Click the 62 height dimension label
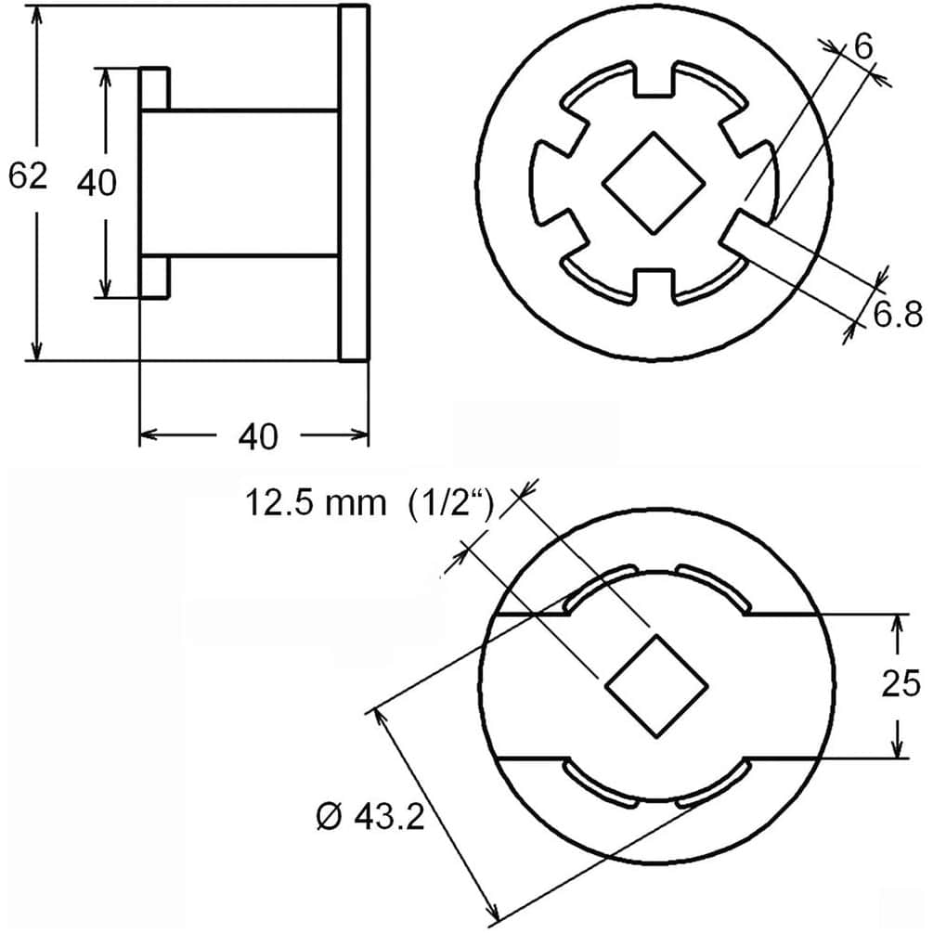[x=27, y=175]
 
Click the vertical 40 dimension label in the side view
[x=97, y=182]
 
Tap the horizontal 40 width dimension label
[x=258, y=436]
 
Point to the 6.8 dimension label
[x=898, y=314]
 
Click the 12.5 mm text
[x=316, y=503]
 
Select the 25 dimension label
[x=901, y=683]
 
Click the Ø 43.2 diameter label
[x=370, y=816]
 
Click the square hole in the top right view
[x=654, y=182]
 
